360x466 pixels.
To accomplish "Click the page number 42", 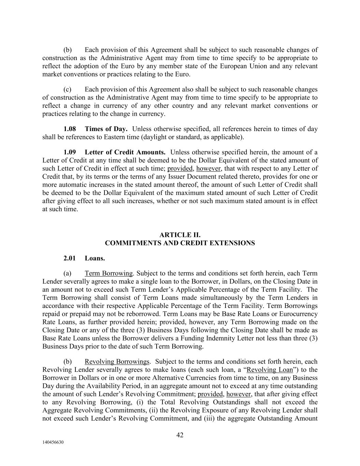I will coord(180,435).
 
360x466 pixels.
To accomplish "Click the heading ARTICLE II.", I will coord(180,235).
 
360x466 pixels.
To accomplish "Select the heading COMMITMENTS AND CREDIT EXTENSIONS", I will coord(180,243).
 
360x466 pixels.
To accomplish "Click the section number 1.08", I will coord(70,129).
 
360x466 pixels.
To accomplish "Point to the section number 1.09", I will coord(70,152).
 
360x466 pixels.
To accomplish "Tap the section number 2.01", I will coord(70,258).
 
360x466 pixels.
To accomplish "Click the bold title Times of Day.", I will coord(106,129).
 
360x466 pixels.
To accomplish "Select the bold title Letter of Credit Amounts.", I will coord(125,152).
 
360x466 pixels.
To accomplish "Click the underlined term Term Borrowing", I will coord(109,273).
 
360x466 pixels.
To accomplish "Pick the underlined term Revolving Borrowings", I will coord(117,362).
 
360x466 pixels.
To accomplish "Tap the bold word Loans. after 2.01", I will coord(95,258).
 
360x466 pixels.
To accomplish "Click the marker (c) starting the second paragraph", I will coord(67,89).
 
